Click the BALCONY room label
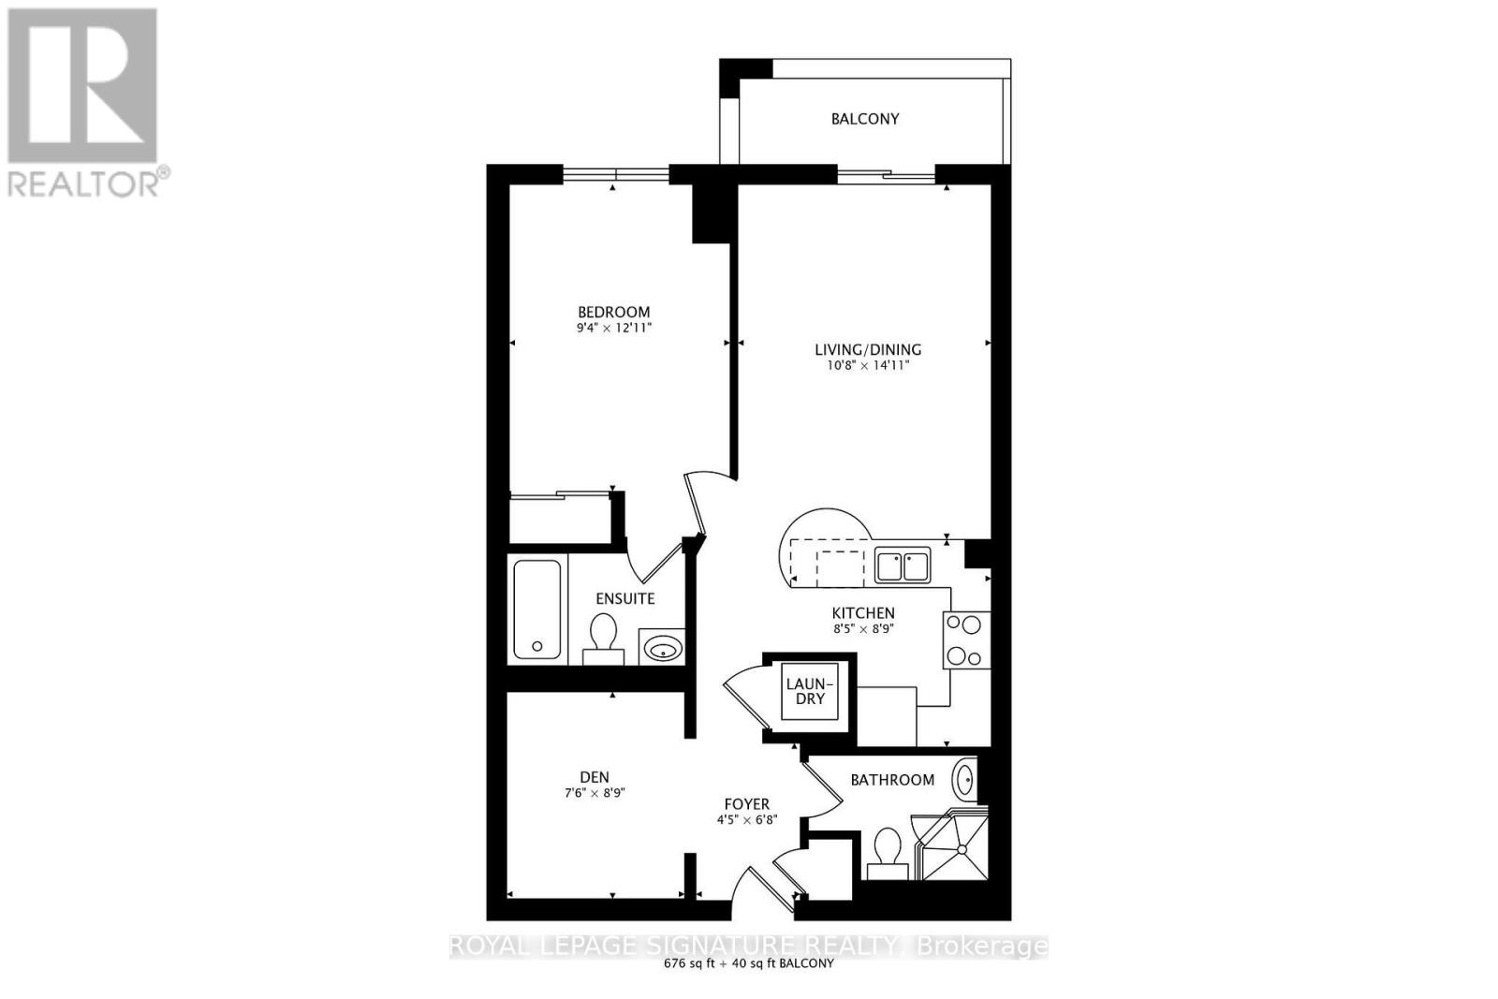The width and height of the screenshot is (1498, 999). pos(865,119)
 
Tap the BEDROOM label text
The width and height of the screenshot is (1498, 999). pos(613,312)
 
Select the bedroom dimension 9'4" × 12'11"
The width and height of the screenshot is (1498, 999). pos(613,329)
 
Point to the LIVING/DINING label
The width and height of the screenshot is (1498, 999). pos(868,349)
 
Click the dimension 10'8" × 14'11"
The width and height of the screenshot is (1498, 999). pos(868,366)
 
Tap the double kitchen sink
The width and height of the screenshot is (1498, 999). pos(903,566)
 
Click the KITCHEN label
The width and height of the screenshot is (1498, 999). pos(863,612)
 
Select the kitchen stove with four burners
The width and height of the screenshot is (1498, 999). pos(966,639)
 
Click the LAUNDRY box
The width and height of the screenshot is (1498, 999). pos(810,692)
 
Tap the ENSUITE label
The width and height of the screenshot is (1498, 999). pos(625,598)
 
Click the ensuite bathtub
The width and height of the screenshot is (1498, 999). pos(536,610)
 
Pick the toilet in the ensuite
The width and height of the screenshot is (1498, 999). pos(602,638)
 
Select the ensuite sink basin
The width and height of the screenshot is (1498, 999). pos(663,647)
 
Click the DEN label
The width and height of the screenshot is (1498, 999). pos(595,776)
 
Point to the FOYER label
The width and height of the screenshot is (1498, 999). pos(747,803)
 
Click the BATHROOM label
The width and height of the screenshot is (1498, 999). pos(892,779)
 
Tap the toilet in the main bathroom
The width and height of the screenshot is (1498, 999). pos(886,852)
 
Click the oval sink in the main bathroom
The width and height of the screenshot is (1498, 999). pos(965,779)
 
